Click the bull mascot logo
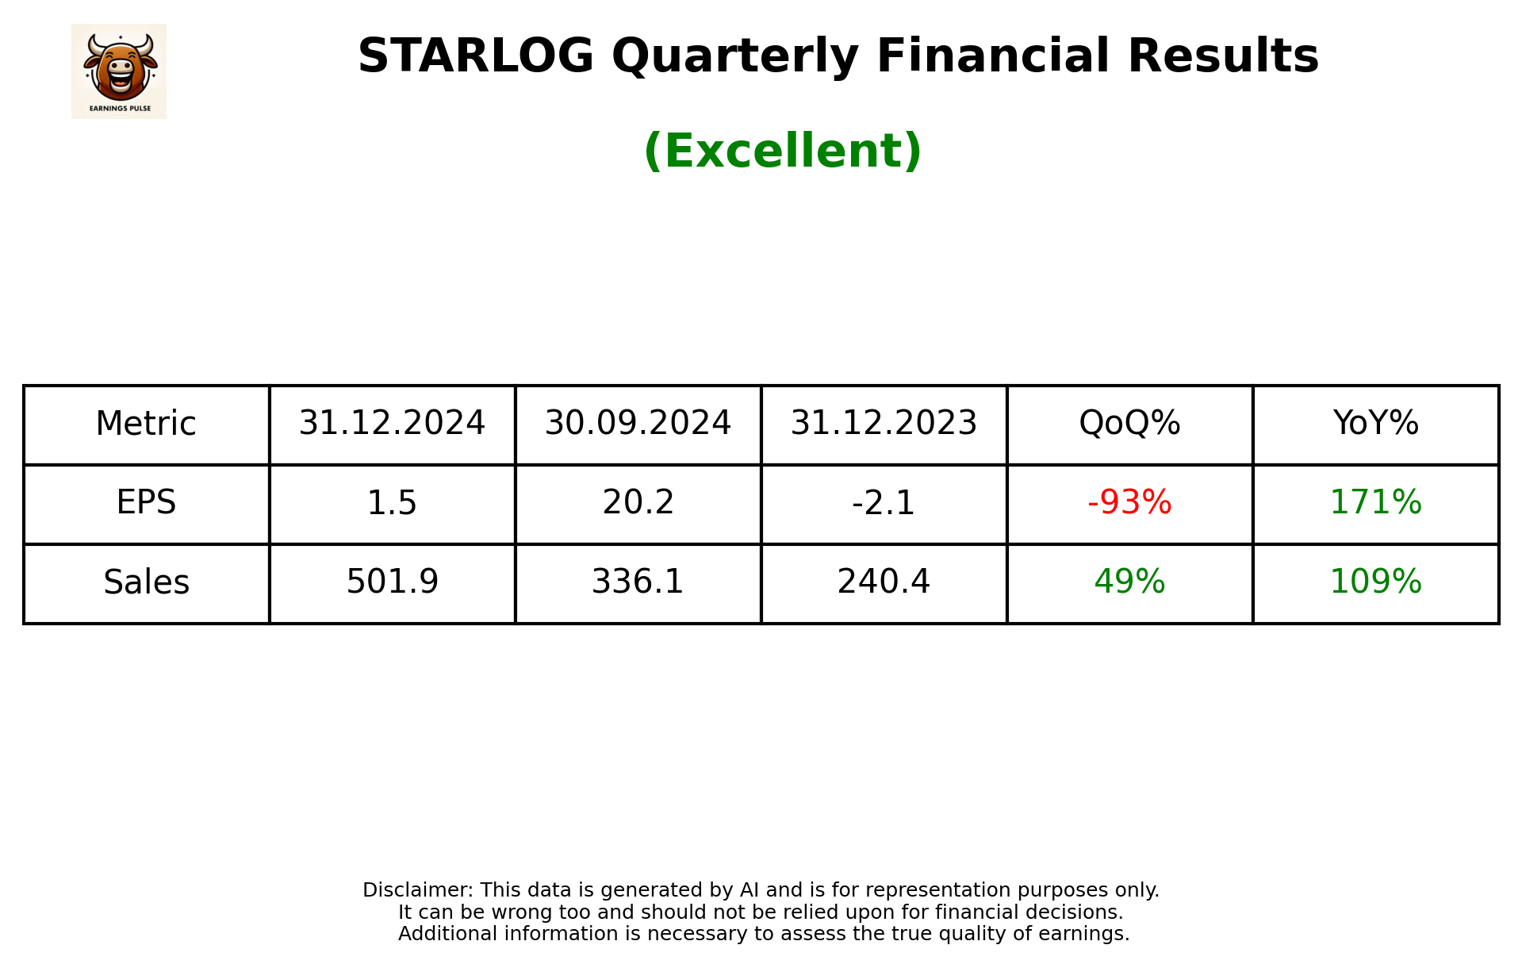[x=119, y=71]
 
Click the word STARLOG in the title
[x=475, y=56]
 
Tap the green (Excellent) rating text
[x=782, y=151]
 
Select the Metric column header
[x=146, y=424]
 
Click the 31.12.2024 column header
[x=392, y=424]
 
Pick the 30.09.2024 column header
[x=638, y=424]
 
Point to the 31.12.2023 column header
[x=884, y=424]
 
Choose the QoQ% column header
[x=1129, y=424]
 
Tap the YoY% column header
[x=1375, y=424]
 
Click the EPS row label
[x=146, y=503]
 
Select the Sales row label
[x=146, y=582]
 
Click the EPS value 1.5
[x=392, y=503]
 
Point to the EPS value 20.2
[x=638, y=503]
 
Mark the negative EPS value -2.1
[x=884, y=503]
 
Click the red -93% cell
[x=1129, y=503]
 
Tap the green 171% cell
[x=1375, y=503]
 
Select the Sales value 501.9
[x=392, y=582]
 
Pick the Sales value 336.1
[x=638, y=582]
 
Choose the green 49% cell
[x=1129, y=582]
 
